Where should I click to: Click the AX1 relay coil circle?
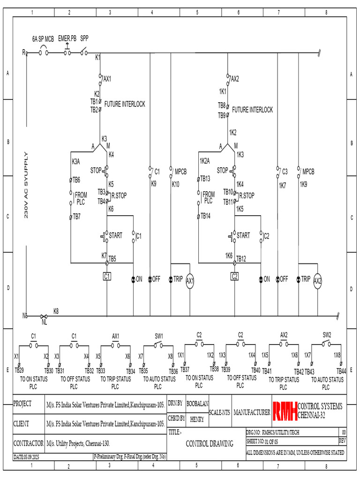(190, 280)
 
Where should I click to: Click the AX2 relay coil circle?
(318, 280)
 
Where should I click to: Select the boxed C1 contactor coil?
(107, 277)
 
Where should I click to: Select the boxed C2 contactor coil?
(235, 277)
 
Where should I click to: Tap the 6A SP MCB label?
(43, 39)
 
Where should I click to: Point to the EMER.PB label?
(67, 39)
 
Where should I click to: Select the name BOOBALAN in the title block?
(197, 404)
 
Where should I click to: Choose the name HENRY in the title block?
(197, 420)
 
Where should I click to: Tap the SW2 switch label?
(327, 335)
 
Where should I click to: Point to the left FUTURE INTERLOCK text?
(124, 104)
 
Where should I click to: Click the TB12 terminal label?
(241, 258)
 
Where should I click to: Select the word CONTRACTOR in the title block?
(29, 442)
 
